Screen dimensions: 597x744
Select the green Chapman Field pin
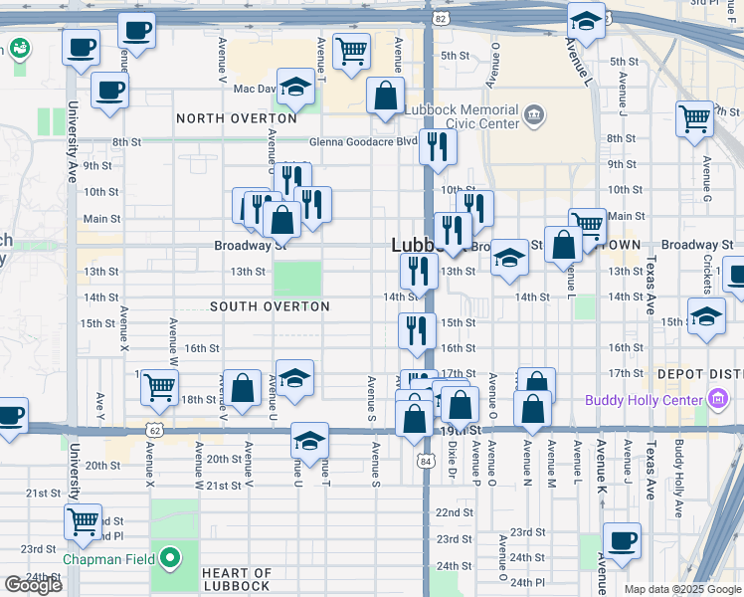pyautogui.click(x=170, y=559)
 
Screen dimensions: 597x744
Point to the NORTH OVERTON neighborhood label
pyautogui.click(x=237, y=118)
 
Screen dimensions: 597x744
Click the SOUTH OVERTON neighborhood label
pyautogui.click(x=270, y=306)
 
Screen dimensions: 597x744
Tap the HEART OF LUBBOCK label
pyautogui.click(x=236, y=579)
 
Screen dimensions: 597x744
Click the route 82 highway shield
pyautogui.click(x=440, y=18)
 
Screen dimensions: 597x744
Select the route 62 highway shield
pyautogui.click(x=153, y=429)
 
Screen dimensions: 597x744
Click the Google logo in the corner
pyautogui.click(x=33, y=585)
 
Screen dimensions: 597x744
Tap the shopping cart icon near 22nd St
pyautogui.click(x=83, y=519)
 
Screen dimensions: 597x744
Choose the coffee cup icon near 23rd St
pyautogui.click(x=622, y=540)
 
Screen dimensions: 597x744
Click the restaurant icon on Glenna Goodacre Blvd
pyautogui.click(x=438, y=147)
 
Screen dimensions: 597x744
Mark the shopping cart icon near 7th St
pyautogui.click(x=694, y=118)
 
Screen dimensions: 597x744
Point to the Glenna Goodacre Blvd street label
pyautogui.click(x=363, y=141)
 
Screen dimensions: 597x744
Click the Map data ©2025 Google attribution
pyautogui.click(x=681, y=588)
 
